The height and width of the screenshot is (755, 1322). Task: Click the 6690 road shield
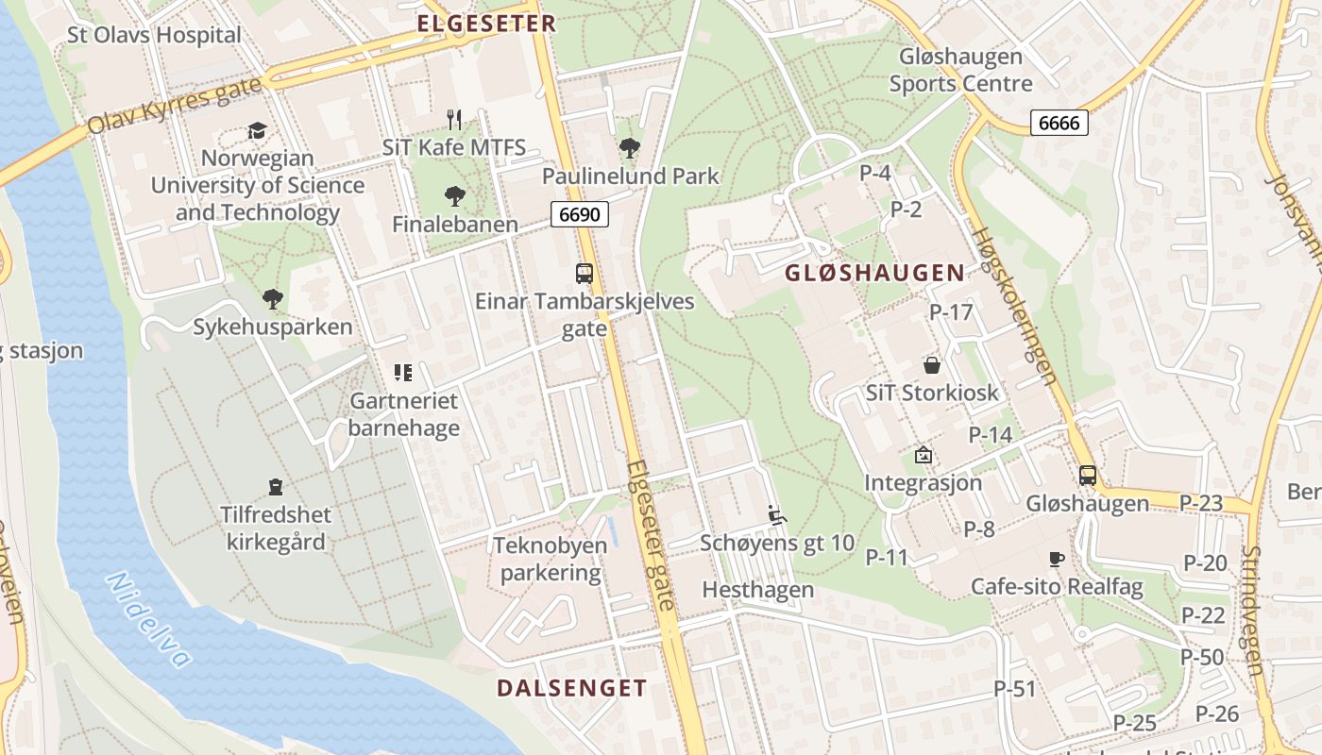[x=579, y=214]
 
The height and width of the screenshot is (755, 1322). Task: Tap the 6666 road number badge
[x=1059, y=123]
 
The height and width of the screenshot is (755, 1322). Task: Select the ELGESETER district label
[x=486, y=24]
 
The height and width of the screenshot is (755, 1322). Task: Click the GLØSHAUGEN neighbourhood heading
[x=875, y=274]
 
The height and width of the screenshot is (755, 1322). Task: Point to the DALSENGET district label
[x=572, y=688]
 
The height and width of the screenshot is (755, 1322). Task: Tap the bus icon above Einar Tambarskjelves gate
[x=585, y=274]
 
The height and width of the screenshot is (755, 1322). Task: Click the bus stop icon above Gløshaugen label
[x=1088, y=475]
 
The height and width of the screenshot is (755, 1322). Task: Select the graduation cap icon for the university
[x=257, y=130]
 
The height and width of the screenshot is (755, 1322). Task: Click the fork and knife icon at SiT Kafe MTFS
[x=454, y=119]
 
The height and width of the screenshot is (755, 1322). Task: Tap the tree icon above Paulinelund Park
[x=630, y=147]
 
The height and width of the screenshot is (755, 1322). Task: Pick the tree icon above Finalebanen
[x=455, y=196]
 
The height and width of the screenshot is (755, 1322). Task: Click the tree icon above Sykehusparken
[x=273, y=299]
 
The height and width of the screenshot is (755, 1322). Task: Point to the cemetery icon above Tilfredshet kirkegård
[x=276, y=487]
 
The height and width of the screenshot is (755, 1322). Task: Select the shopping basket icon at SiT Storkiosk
[x=932, y=364]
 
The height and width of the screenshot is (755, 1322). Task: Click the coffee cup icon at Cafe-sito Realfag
[x=1057, y=559]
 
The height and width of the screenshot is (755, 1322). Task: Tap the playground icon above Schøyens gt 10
[x=777, y=514]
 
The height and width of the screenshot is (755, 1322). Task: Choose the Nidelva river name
[x=150, y=619]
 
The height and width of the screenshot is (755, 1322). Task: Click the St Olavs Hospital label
[x=154, y=35]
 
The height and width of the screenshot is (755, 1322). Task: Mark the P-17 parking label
[x=951, y=311]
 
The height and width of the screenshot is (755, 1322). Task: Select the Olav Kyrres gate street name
[x=174, y=107]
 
